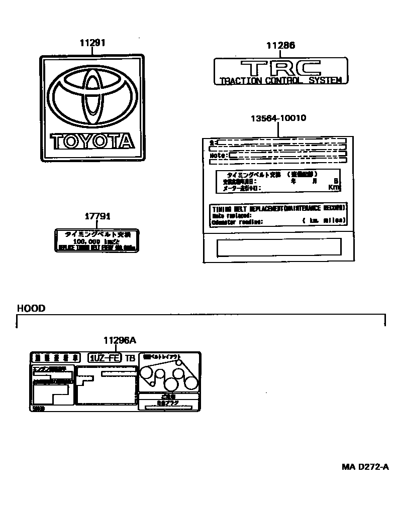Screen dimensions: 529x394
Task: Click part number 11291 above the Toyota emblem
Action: coord(92,43)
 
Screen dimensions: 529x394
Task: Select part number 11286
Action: coord(280,46)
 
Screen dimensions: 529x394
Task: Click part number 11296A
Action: coord(120,340)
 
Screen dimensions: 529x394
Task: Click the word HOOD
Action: coord(31,308)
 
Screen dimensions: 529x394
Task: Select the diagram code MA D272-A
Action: coord(365,467)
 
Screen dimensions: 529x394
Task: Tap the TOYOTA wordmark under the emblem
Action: coord(92,141)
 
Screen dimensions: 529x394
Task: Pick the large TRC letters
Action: coord(280,67)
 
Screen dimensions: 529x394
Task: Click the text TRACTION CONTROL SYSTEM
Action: coord(281,80)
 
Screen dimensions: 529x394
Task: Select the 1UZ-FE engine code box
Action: coord(105,358)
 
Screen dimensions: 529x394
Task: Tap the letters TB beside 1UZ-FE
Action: coord(130,358)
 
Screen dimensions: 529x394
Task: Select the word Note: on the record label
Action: coord(218,156)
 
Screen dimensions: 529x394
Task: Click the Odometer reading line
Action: coord(237,221)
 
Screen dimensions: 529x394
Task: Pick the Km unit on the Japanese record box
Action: coord(334,187)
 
